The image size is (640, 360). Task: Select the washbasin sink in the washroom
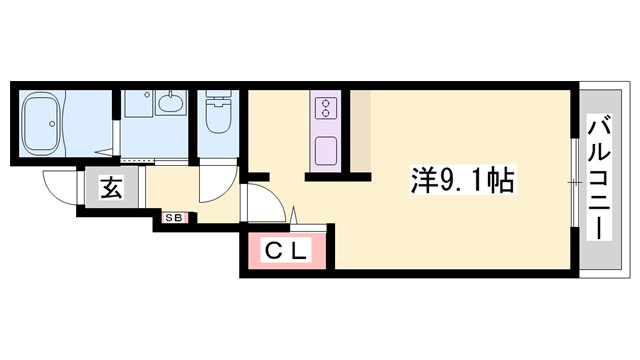pos(171,104)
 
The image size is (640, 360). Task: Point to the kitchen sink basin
pos(327,151)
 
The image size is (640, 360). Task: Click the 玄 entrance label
pos(110,188)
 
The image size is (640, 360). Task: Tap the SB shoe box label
pos(172,214)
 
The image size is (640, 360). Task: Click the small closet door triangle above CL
pos(295,215)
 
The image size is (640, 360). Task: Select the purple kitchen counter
pos(327,130)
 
